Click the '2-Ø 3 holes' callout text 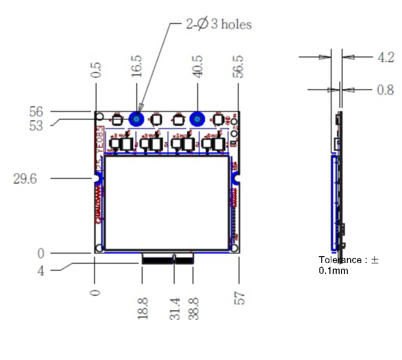coord(219,24)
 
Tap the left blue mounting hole coord(136,119)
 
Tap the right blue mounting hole coord(197,119)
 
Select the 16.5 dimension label coord(137,66)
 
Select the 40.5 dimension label coord(198,66)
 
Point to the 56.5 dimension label coord(238,66)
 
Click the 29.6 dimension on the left coord(25,179)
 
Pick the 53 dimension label coord(36,126)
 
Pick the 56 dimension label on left coord(36,112)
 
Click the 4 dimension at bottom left coord(41,271)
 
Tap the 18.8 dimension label coord(143,308)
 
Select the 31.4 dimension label coord(175,308)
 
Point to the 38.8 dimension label coord(194,308)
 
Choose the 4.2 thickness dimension coord(386,57)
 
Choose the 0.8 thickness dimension coord(386,90)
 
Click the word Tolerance coord(340,260)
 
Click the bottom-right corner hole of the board coord(234,248)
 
